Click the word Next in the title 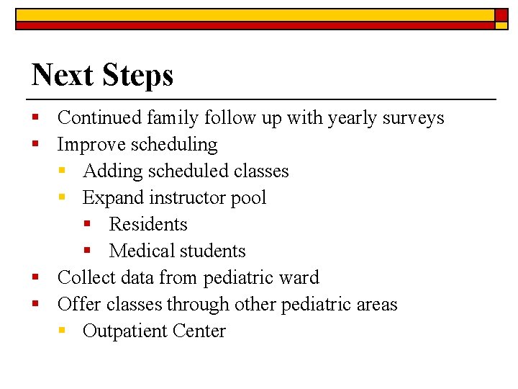[x=62, y=75]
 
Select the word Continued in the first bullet [x=101, y=117]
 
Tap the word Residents [x=148, y=225]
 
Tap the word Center [x=201, y=331]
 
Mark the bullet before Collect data [x=35, y=277]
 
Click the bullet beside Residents [x=86, y=224]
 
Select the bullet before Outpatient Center [x=61, y=331]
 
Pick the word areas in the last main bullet [x=377, y=305]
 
